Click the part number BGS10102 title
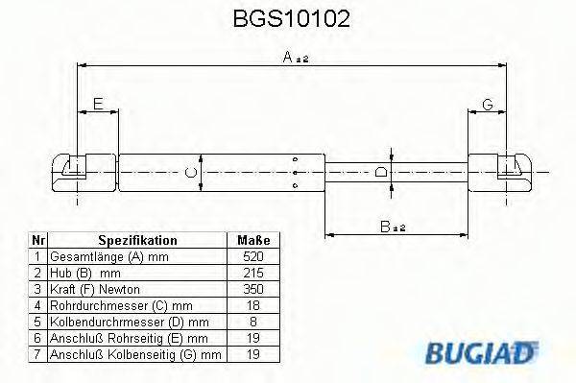tap(292, 18)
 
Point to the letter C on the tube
tap(190, 172)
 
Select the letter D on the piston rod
tap(381, 172)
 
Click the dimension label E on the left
tap(97, 104)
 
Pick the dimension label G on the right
tap(487, 104)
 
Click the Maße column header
tap(253, 240)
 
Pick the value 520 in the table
tap(253, 257)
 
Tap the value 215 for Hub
tap(253, 273)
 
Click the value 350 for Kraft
tap(253, 288)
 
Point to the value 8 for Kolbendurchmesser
tap(253, 320)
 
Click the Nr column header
tap(36, 240)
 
